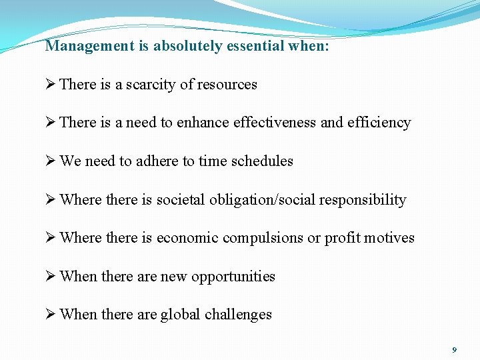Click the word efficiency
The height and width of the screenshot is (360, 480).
[x=379, y=123]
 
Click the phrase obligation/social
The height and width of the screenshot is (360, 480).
[x=254, y=200]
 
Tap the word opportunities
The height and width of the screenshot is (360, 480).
[x=233, y=277]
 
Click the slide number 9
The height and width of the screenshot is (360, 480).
[x=454, y=350]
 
